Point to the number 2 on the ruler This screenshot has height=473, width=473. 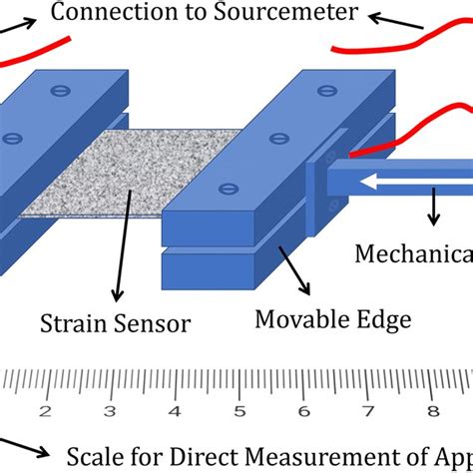[x=45, y=411]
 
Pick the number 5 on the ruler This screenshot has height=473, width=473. [x=238, y=411]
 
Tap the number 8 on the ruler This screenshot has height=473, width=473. [x=432, y=411]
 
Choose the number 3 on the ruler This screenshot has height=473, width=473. [x=110, y=411]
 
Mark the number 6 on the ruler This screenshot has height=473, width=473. [x=303, y=411]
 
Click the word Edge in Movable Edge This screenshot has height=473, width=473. [x=380, y=320]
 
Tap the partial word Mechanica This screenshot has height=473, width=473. [x=414, y=253]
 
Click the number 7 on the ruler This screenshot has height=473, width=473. [x=368, y=411]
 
